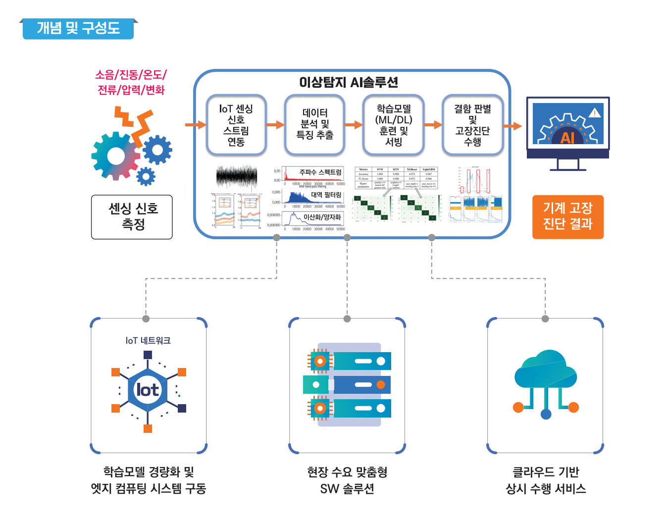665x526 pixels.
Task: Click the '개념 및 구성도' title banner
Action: pos(78,28)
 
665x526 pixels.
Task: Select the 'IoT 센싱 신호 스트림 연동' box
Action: pos(236,125)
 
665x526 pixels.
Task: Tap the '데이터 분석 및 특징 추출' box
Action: pos(314,125)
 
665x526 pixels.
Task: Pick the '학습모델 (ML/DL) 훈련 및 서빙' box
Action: pos(393,125)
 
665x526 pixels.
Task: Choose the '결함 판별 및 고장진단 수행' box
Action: pos(472,125)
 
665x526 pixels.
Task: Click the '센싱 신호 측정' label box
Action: pos(132,217)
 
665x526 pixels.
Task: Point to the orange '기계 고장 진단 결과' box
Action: pos(567,217)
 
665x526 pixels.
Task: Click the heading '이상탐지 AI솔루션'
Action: pos(349,82)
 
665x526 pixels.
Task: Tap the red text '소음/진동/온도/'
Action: pos(131,75)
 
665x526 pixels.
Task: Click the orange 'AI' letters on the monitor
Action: pos(567,137)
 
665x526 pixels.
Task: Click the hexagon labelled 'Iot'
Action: pos(148,390)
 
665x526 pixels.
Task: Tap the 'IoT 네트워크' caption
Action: pos(148,341)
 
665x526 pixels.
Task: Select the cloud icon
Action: pos(546,371)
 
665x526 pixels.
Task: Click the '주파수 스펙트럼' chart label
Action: pos(320,172)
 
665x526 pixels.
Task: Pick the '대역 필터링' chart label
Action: pos(326,195)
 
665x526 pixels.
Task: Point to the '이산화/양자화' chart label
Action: pos(322,217)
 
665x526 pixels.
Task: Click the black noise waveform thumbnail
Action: pos(237,176)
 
